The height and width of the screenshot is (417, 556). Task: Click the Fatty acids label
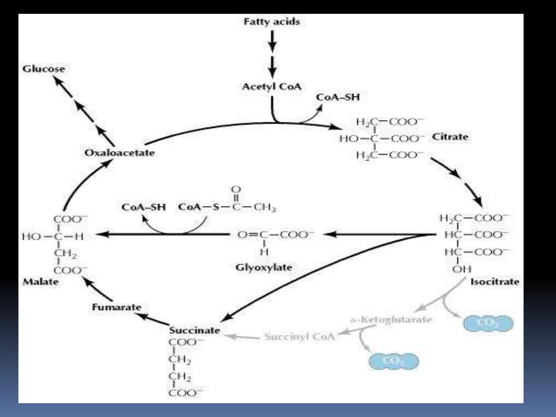click(272, 22)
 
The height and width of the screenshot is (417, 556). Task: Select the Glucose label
click(44, 69)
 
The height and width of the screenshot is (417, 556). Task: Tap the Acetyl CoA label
click(272, 87)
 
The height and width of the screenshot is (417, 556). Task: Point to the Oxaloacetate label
click(119, 153)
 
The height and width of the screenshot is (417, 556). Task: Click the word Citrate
click(450, 137)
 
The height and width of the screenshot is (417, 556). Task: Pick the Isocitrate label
click(495, 282)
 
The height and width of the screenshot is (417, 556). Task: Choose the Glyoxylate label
click(264, 268)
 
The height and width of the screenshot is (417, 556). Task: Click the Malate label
click(40, 282)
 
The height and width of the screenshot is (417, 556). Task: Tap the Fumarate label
click(116, 307)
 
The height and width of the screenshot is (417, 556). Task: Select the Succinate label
click(194, 330)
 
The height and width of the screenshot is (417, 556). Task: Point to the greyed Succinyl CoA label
click(299, 337)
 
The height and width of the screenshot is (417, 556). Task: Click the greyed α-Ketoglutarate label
click(391, 320)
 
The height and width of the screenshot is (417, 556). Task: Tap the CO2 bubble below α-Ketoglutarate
click(393, 361)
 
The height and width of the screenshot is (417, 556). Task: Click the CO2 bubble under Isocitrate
click(488, 323)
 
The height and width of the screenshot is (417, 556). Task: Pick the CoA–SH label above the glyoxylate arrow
click(143, 207)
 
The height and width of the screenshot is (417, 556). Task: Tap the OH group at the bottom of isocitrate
click(462, 269)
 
